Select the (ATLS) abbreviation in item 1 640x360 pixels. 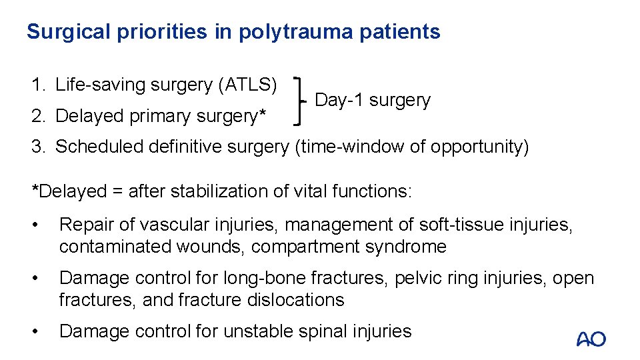coord(247,85)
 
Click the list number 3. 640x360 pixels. coord(37,146)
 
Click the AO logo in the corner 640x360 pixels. coord(591,339)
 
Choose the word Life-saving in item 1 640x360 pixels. coord(101,85)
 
